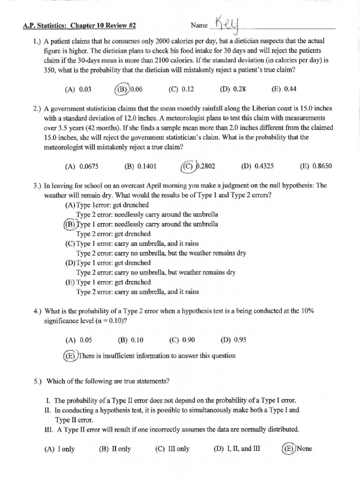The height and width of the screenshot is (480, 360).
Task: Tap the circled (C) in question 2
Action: (188, 166)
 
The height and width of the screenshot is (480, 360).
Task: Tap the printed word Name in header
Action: (199, 25)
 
